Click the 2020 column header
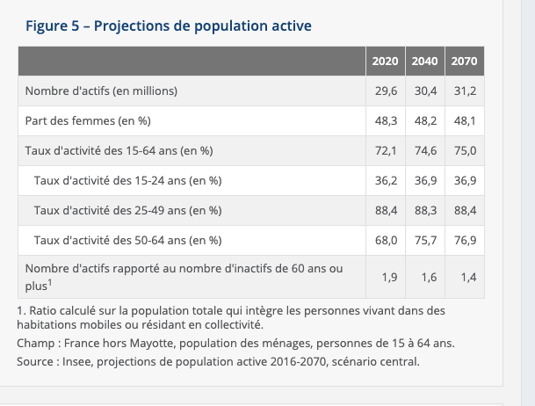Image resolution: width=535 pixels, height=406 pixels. (x=384, y=62)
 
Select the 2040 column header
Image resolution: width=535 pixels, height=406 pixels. (x=424, y=62)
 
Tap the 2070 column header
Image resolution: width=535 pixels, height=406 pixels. (x=464, y=62)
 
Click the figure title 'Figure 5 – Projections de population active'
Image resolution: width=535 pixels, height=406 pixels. (x=169, y=25)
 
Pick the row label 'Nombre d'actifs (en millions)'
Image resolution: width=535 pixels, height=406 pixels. (x=102, y=91)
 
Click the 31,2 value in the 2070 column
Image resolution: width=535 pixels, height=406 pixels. (x=464, y=91)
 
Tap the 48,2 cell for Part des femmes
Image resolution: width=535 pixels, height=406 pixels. (x=425, y=121)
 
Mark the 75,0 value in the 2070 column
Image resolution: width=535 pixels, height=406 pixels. (x=464, y=151)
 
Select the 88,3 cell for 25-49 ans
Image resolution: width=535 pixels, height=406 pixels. (x=425, y=211)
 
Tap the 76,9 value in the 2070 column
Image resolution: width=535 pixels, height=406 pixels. (x=464, y=241)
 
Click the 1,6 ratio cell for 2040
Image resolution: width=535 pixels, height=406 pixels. (x=429, y=278)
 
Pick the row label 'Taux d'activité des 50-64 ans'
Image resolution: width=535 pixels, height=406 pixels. (x=127, y=241)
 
